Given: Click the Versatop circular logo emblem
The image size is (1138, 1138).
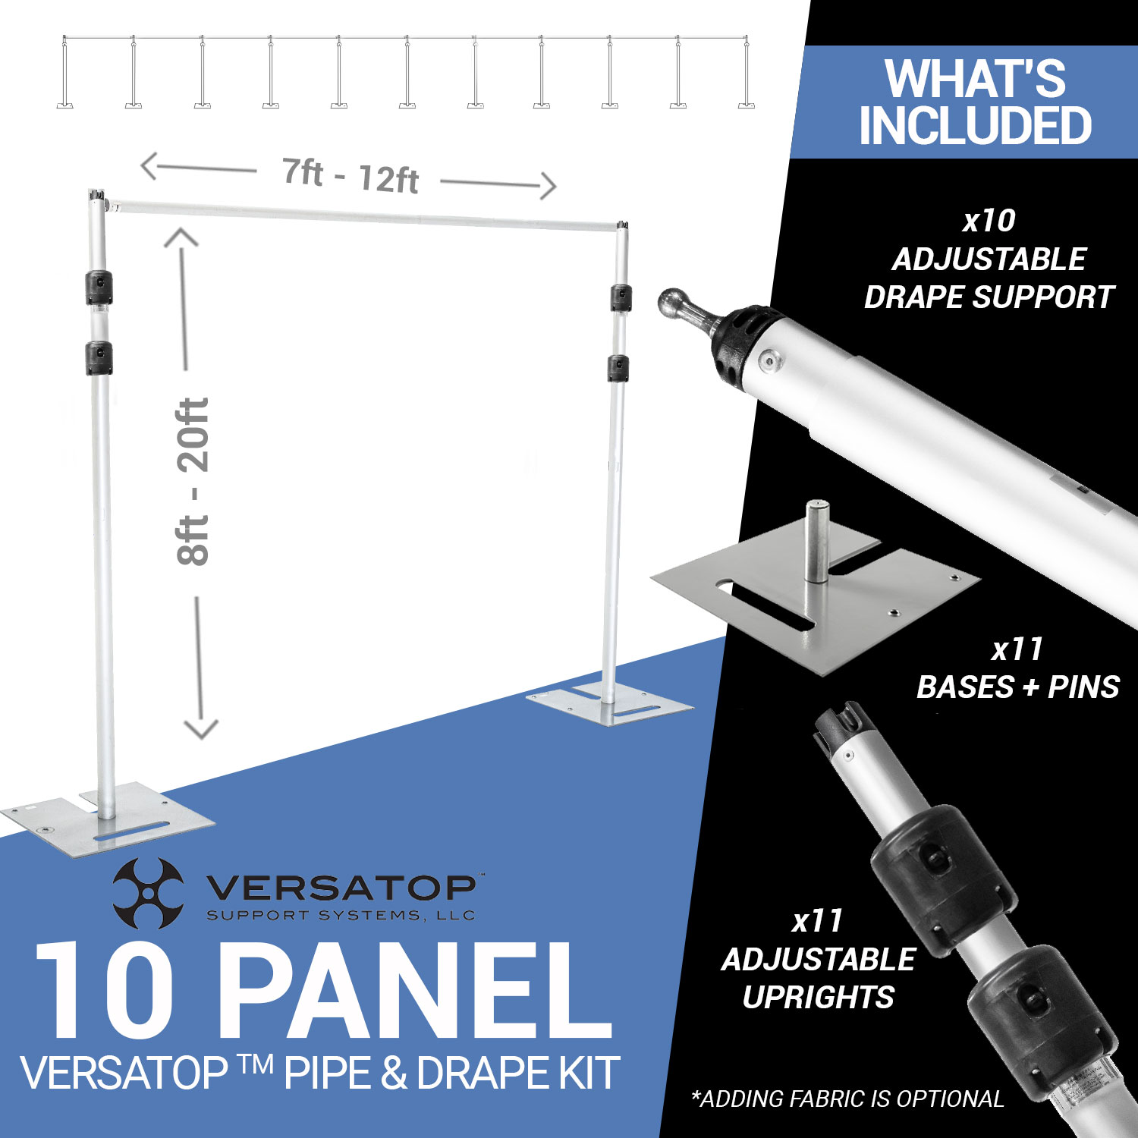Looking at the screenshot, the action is click(x=149, y=893).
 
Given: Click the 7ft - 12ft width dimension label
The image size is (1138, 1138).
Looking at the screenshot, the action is click(x=351, y=176).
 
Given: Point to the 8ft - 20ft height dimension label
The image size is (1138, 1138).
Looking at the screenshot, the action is click(x=193, y=482).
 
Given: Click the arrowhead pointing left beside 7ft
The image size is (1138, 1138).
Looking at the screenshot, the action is click(x=150, y=166).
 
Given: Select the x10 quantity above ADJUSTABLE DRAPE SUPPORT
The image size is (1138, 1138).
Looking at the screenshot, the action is click(x=989, y=221).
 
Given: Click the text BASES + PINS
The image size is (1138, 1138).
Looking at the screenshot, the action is click(x=1018, y=687).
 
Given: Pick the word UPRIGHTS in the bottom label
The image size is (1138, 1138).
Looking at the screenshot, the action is click(x=819, y=997).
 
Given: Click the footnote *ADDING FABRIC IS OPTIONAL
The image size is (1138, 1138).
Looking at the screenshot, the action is click(x=847, y=1099).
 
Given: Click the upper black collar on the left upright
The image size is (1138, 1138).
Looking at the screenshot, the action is click(x=99, y=288).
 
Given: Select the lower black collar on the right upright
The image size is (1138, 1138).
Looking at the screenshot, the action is click(x=619, y=368).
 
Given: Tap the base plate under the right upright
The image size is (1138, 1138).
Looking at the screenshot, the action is click(x=609, y=704).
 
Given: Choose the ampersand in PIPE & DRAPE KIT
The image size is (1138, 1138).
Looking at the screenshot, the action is click(x=392, y=1073).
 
